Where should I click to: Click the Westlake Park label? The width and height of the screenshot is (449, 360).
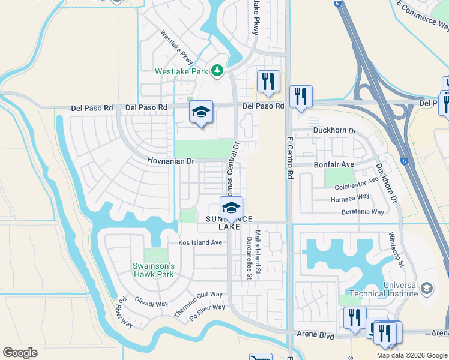tap(182, 71)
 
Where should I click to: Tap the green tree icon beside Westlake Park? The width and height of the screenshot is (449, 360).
tap(217, 71)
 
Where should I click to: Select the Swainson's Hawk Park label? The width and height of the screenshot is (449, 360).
tap(153, 270)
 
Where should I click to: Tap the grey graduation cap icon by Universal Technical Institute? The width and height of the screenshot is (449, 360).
tap(427, 289)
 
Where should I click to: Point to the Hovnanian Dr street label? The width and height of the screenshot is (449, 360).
tap(172, 161)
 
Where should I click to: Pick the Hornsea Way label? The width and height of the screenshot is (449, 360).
tap(350, 198)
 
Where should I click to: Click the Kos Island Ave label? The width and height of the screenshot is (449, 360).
tap(200, 242)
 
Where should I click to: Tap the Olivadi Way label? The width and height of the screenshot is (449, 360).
tap(151, 304)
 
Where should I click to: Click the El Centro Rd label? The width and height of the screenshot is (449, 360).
tap(289, 158)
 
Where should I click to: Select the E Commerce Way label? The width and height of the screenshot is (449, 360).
tap(423, 17)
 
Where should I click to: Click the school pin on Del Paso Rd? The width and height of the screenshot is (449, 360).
tap(202, 112)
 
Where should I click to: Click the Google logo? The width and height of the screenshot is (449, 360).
tap(20, 353)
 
